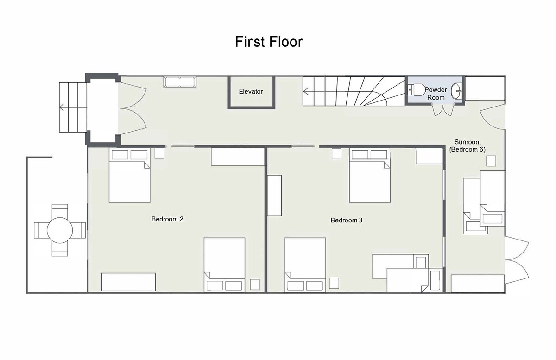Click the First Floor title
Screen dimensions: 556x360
pos(269,41)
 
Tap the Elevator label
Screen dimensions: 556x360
pos(251,91)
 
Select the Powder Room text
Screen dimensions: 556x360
pos(436,94)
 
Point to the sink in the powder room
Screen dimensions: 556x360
pos(456,91)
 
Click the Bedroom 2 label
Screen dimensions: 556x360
pos(167,219)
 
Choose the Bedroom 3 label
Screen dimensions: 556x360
pos(347,220)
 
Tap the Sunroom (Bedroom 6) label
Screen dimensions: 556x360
pos(468,146)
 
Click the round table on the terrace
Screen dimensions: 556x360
pos(60,230)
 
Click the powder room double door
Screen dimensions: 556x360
pos(443,110)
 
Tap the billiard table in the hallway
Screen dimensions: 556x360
pos(180,82)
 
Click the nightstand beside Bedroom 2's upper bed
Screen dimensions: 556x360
pos(159,153)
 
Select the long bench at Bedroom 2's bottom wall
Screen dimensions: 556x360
pos(129,282)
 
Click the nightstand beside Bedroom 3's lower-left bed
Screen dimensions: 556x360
pos(334,283)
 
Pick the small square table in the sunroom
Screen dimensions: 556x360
pos(491,161)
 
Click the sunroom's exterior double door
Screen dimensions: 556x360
pos(517,260)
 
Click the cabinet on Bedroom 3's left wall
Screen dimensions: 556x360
pos(274,196)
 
